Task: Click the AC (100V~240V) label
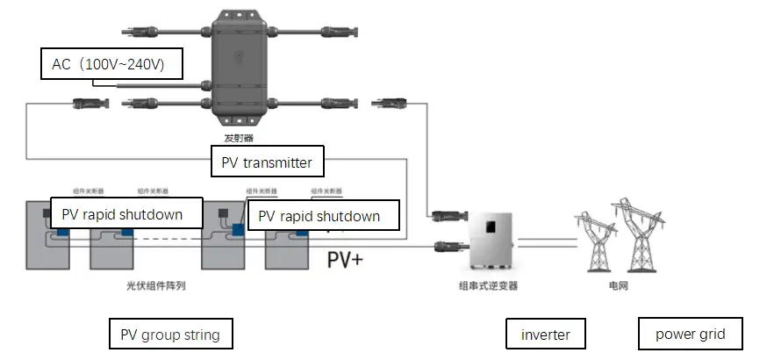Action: tap(112, 64)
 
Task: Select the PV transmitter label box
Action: tap(267, 162)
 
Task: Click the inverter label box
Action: tap(545, 334)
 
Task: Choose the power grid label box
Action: tap(690, 334)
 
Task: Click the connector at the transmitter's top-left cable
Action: tap(138, 32)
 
